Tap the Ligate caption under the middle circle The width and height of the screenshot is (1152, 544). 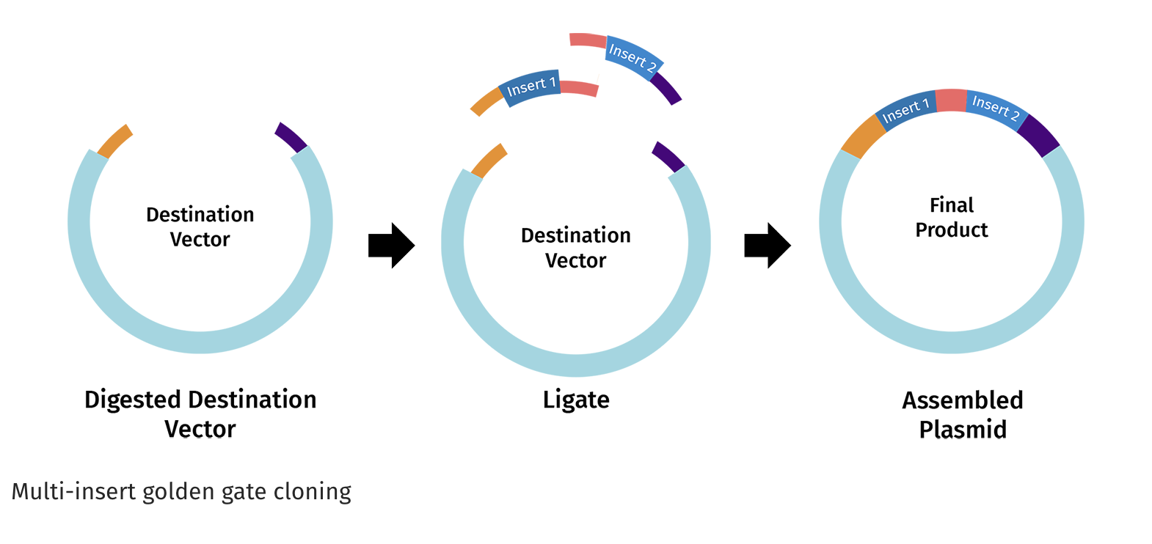(x=576, y=400)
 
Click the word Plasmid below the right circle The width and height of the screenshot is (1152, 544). (x=962, y=430)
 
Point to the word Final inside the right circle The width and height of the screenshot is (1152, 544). (x=952, y=205)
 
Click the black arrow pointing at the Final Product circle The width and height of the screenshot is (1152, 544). (x=767, y=246)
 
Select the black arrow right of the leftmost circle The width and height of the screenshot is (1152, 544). (x=391, y=246)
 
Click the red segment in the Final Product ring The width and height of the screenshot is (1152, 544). (x=951, y=100)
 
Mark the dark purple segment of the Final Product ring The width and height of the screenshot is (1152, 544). (x=1038, y=135)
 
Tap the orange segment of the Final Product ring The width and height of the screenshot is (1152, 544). (x=864, y=137)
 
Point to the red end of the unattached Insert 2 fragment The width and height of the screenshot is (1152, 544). (x=588, y=40)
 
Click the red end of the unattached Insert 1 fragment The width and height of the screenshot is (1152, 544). (x=579, y=89)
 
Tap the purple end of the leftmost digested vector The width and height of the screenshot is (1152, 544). (x=291, y=137)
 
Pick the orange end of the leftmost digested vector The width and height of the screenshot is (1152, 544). (x=114, y=141)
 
